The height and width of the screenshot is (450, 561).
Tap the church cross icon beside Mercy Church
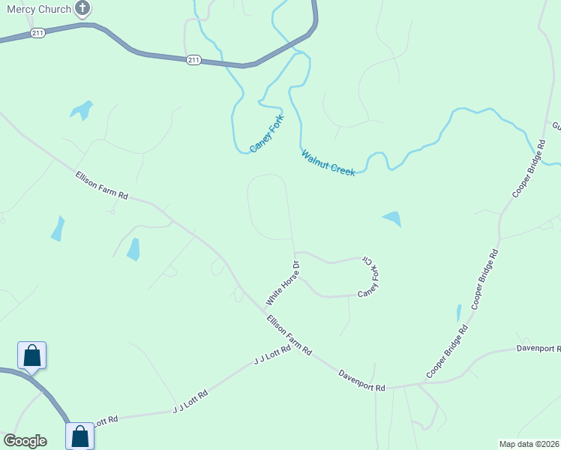[x=82, y=9]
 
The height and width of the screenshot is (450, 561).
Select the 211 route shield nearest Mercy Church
[x=38, y=33]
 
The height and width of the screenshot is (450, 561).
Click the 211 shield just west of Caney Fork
[x=193, y=60]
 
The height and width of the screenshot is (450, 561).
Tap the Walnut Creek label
[x=328, y=163]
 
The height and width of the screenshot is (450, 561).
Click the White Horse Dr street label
[x=283, y=283]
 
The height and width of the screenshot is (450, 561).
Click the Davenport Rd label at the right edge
[x=538, y=349]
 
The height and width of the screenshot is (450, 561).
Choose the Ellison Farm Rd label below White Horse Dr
[x=289, y=335]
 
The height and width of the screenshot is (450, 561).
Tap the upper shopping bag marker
[x=32, y=355]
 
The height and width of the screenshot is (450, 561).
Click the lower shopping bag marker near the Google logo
[x=79, y=436]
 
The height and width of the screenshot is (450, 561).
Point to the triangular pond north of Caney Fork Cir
[x=392, y=219]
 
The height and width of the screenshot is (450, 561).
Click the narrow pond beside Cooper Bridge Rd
[x=458, y=313]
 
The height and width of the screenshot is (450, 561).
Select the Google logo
[x=25, y=441]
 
